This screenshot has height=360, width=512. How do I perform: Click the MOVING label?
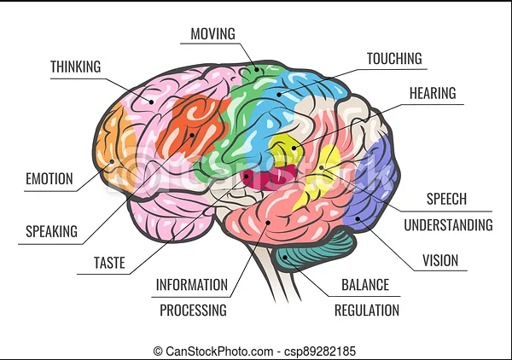pyautogui.click(x=212, y=34)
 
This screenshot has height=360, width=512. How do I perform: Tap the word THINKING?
pyautogui.click(x=75, y=67)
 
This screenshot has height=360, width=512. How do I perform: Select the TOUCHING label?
pyautogui.click(x=394, y=59)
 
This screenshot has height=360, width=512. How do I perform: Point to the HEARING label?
pyautogui.click(x=433, y=93)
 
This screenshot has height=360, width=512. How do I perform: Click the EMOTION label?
pyautogui.click(x=49, y=179)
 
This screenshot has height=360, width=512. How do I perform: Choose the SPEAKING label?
pyautogui.click(x=51, y=231)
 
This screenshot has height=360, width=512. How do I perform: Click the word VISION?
pyautogui.click(x=440, y=261)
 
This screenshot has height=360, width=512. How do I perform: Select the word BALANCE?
pyautogui.click(x=365, y=285)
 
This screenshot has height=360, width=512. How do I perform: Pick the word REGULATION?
pyautogui.click(x=367, y=311)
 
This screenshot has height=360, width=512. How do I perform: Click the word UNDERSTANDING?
pyautogui.click(x=448, y=225)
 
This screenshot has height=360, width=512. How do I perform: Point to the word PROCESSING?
pyautogui.click(x=193, y=311)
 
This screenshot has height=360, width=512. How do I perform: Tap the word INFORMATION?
pyautogui.click(x=191, y=285)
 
